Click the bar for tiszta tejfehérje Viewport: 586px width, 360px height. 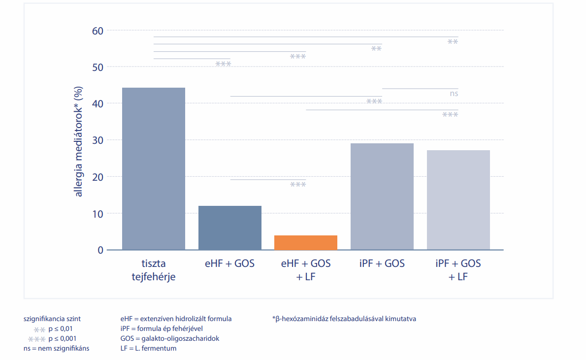tap(154, 168)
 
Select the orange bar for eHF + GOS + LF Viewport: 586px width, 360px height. tap(306, 243)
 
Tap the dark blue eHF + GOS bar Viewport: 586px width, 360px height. tap(230, 228)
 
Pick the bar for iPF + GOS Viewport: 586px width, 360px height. tap(382, 196)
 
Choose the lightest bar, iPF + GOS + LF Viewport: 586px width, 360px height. tap(458, 200)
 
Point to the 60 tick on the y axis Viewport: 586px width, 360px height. tap(98, 31)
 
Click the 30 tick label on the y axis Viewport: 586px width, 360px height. tap(98, 140)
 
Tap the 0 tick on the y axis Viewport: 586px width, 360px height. tap(100, 250)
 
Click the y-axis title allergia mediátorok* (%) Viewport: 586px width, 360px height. tap(78, 141)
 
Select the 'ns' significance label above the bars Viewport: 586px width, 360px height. tap(454, 94)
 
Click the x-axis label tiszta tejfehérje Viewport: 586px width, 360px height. tap(154, 270)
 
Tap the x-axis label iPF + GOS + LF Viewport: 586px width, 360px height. tap(458, 270)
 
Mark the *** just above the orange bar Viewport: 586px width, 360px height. tap(298, 184)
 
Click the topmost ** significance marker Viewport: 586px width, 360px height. tap(453, 41)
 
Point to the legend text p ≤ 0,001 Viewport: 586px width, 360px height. tap(63, 339)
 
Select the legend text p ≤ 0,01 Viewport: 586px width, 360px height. tap(61, 329)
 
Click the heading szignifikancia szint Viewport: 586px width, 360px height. tap(52, 319)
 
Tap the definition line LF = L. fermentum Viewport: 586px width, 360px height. tap(148, 348)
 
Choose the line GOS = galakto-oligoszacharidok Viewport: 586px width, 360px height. tap(170, 339)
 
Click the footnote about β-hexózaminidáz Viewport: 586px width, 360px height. tap(344, 319)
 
